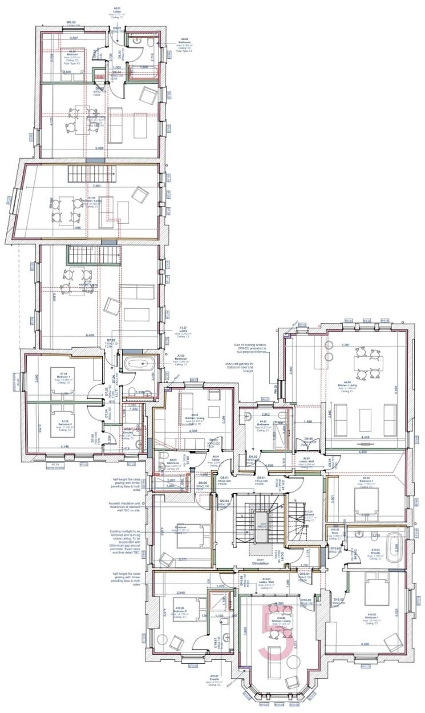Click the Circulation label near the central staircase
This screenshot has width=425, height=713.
(x=260, y=562)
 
